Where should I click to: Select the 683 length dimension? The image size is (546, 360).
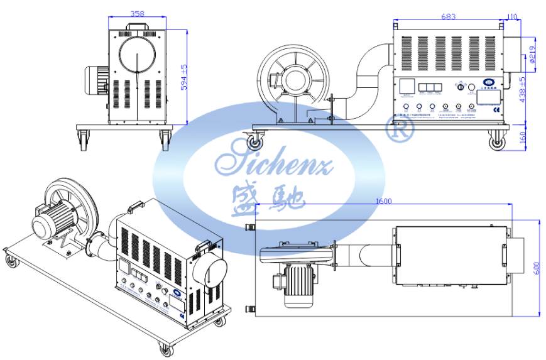pos(448,17)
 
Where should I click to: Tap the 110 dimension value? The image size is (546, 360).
pos(511,17)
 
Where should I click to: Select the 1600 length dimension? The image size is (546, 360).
pos(385,201)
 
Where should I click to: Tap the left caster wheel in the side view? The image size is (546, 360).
pos(255,142)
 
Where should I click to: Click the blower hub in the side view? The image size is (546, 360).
pos(291,80)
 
